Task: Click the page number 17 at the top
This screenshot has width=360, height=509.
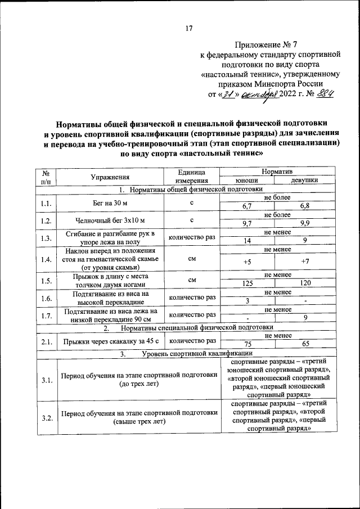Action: (x=189, y=29)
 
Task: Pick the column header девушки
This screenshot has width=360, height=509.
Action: (x=304, y=181)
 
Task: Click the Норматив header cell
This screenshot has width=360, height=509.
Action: (x=275, y=171)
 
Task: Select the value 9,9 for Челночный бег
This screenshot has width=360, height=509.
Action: (x=304, y=224)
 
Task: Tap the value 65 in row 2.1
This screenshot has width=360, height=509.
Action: (x=304, y=344)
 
